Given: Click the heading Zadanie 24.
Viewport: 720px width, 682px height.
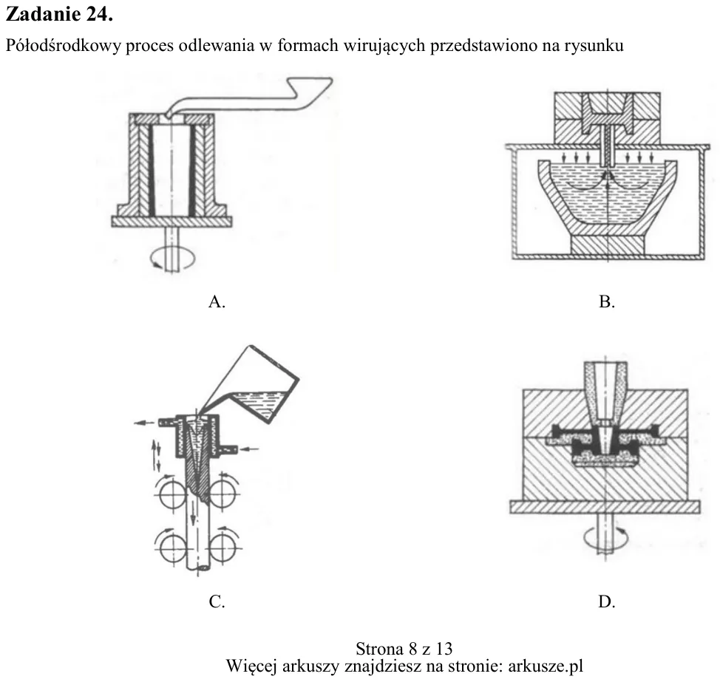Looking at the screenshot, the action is click(x=59, y=15).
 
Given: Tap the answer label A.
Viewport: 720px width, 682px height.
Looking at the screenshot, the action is click(x=217, y=301).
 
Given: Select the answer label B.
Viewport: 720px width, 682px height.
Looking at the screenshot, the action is click(x=607, y=301).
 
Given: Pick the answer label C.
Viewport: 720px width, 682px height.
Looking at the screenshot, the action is click(x=217, y=601).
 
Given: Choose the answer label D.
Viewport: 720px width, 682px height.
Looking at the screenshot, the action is click(x=607, y=601).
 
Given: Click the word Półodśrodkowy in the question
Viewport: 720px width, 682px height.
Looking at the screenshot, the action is click(x=63, y=46).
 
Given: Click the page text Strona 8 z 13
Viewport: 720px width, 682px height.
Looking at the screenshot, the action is click(x=404, y=649).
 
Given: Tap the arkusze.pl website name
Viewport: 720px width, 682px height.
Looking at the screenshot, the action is click(x=546, y=666).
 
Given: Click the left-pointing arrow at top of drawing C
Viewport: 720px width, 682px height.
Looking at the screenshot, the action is click(x=145, y=423).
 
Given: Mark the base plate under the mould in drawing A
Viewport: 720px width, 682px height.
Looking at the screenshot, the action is click(x=171, y=222).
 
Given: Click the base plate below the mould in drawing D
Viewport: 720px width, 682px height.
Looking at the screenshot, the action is click(x=605, y=507).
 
